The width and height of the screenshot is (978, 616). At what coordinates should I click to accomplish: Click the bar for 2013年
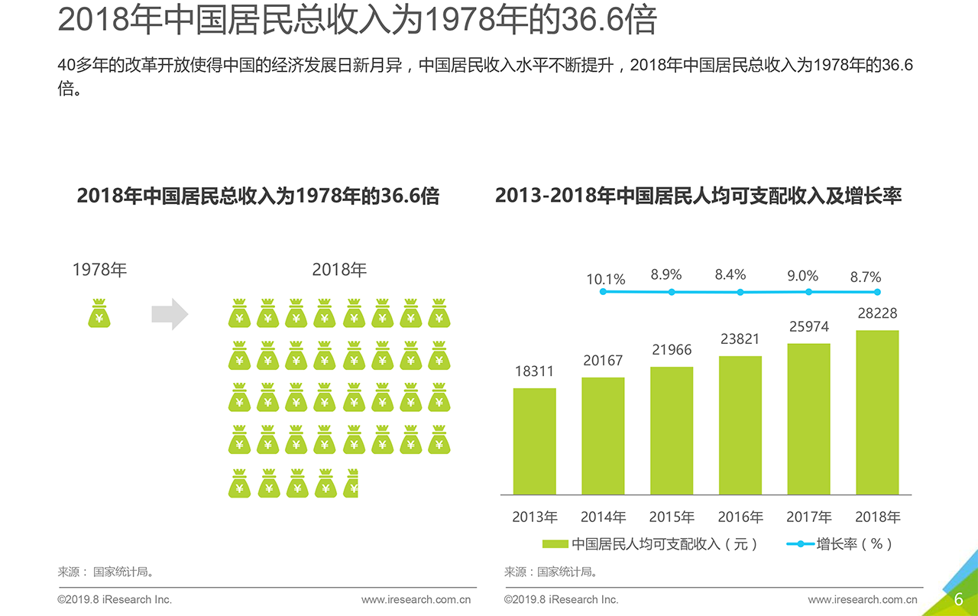[x=534, y=441]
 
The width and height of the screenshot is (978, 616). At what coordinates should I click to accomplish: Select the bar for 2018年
[x=877, y=412]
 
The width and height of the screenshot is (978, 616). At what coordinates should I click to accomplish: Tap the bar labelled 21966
[x=672, y=430]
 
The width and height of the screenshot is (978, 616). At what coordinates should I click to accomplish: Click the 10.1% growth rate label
[x=605, y=280]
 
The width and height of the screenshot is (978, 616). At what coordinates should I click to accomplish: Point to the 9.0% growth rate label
[x=802, y=276]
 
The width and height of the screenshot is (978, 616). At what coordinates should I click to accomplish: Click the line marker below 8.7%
[x=877, y=292]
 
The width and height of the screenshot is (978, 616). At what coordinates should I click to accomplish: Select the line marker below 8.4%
[x=740, y=292]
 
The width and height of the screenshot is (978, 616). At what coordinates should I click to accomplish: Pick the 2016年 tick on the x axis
[x=740, y=517]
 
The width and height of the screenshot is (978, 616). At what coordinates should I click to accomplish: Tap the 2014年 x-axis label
[x=603, y=517]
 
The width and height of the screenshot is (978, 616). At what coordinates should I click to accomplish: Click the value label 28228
[x=877, y=313]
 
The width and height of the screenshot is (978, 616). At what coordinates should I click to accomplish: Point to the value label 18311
[x=534, y=371]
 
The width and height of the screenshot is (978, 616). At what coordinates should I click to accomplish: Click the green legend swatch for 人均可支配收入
[x=555, y=544]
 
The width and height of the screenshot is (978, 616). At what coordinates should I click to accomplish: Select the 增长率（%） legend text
[x=854, y=544]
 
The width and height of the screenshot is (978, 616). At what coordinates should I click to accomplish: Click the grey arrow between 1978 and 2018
[x=170, y=314]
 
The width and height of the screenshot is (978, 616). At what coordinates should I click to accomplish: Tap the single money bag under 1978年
[x=99, y=314]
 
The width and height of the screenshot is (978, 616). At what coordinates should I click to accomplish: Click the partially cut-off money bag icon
[x=351, y=484]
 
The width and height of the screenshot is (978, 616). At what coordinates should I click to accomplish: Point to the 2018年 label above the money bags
[x=339, y=270]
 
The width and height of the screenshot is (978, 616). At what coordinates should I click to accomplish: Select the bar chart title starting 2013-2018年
[x=698, y=196]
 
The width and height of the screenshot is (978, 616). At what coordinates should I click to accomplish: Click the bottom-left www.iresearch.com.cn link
[x=416, y=600]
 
